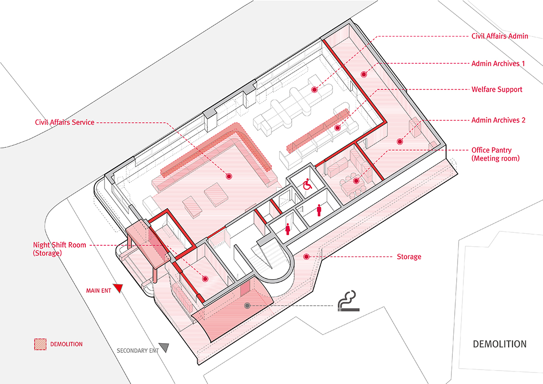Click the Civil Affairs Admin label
[x=499, y=36]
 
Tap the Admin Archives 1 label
[x=498, y=63]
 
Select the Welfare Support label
[x=496, y=89]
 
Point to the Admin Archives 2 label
[x=498, y=120]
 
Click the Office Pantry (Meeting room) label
[x=495, y=154]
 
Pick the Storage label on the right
[x=409, y=257]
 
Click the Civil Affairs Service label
[x=64, y=122]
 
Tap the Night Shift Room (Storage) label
[x=59, y=249]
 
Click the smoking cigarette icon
[x=349, y=301]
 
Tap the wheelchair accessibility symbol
[x=307, y=184]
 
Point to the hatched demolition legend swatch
[x=40, y=344]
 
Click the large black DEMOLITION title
[x=500, y=344]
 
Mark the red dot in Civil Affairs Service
[x=228, y=177]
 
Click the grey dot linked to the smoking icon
[x=247, y=306]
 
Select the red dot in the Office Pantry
[x=356, y=181]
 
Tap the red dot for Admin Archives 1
[x=364, y=74]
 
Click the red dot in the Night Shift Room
[x=205, y=279]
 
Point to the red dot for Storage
[x=306, y=257]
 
